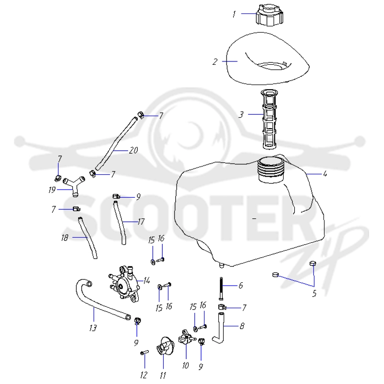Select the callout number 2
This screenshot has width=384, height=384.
click(215, 62)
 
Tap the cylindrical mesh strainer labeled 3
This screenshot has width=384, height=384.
click(270, 119)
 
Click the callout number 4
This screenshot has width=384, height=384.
click(325, 174)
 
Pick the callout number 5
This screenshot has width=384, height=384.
click(314, 293)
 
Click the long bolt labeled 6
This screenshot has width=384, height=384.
click(221, 288)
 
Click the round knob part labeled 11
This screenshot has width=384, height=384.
click(165, 348)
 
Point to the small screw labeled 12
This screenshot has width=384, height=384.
click(144, 353)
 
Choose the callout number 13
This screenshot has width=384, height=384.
click(93, 328)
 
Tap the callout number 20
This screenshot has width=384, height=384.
click(133, 150)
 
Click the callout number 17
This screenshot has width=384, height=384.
click(141, 222)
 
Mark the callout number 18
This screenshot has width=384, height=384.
click(65, 238)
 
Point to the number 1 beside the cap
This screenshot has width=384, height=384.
click(234, 14)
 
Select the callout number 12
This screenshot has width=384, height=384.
click(144, 375)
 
